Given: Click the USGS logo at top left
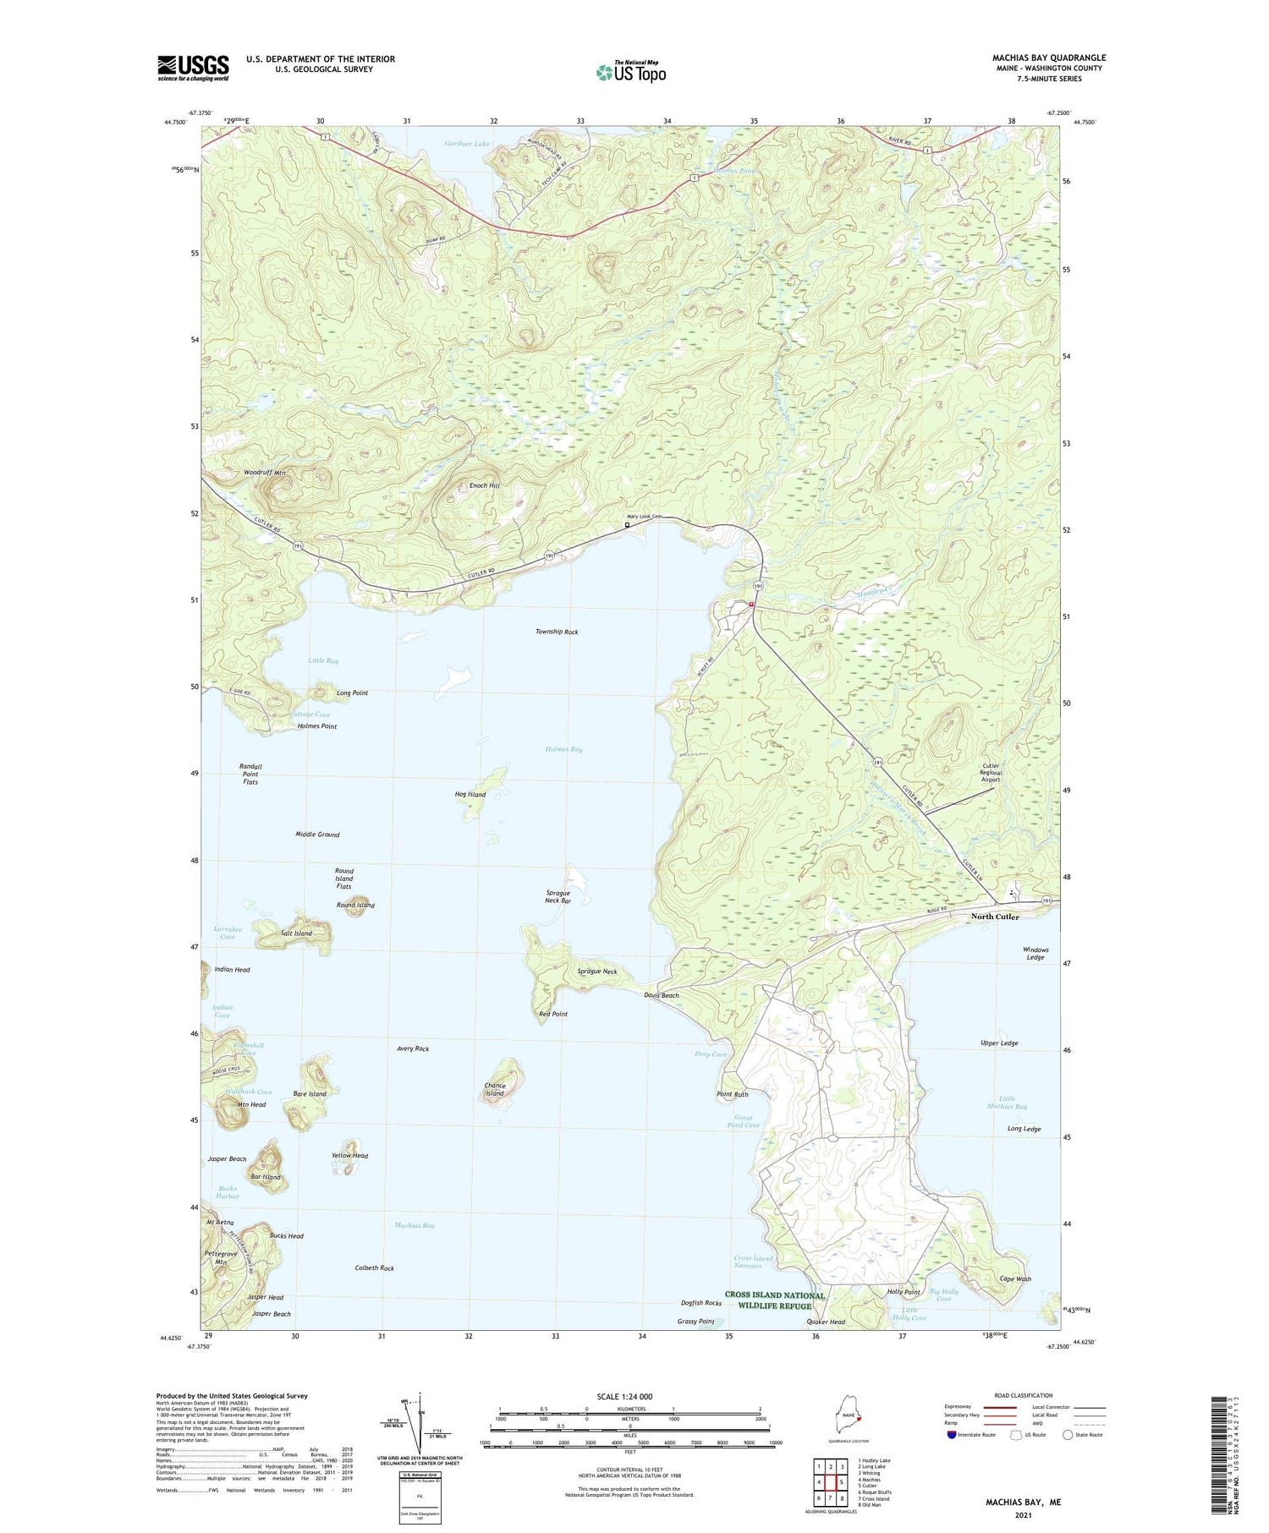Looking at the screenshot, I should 193,68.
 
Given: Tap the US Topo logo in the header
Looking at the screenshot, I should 631,72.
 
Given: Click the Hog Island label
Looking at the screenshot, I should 470,794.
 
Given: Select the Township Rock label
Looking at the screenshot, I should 557,632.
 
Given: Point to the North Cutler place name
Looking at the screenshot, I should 995,917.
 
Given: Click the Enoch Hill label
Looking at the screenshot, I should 485,486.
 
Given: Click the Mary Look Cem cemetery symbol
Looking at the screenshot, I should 627,525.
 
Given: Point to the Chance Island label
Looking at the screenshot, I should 495,1089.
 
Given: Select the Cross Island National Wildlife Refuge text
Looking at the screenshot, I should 774,1300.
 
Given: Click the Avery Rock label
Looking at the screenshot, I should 413,1048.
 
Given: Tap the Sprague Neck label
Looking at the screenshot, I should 596,972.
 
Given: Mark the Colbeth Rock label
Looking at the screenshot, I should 374,1268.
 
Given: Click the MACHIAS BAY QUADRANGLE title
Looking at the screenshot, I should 1048,57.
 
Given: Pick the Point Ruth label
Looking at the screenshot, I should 733,1094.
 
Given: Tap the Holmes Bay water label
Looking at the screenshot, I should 563,749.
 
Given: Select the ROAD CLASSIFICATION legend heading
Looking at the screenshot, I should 1024,1395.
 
